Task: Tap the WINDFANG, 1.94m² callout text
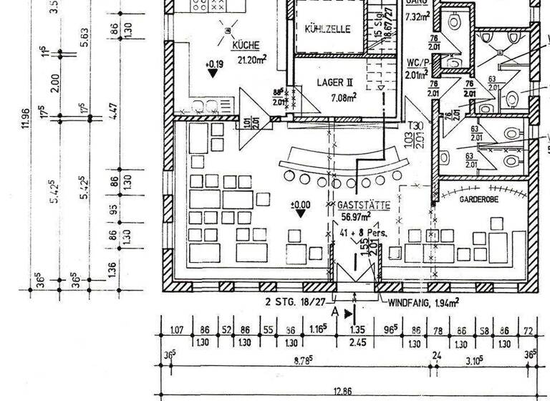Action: (423, 304)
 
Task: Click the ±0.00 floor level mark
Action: (301, 205)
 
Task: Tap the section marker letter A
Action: (334, 312)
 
